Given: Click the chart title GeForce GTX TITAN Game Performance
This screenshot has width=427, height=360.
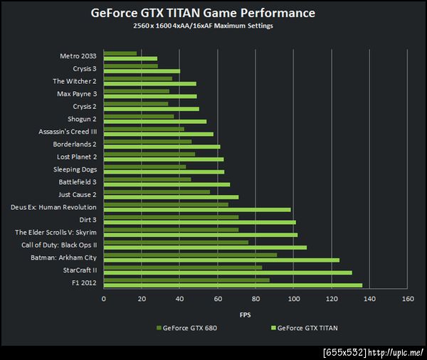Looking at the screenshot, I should (203, 13).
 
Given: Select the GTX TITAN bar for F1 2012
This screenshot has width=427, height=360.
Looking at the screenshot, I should (233, 285).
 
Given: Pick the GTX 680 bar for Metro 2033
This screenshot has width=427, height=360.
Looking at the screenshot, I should (120, 53).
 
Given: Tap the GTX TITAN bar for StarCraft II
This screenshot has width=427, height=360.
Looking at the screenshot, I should (228, 272).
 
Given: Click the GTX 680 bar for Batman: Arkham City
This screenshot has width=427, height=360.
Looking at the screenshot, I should (191, 254).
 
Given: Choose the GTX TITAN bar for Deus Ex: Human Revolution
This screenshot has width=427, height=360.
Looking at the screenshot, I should (197, 210).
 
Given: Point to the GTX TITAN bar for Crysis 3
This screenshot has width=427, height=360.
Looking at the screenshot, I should (142, 71).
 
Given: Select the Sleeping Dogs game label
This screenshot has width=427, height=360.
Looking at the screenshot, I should (75, 169).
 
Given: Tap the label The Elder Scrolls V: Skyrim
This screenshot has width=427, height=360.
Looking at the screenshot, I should (56, 232).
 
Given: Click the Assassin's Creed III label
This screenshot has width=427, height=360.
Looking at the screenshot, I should (68, 132).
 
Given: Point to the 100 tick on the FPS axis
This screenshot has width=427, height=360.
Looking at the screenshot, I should (293, 299).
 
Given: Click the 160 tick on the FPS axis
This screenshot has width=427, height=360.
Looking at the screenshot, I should (407, 299).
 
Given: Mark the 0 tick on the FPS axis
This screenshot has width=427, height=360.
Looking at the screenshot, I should (104, 299).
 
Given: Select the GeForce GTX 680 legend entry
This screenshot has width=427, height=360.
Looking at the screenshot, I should (186, 329).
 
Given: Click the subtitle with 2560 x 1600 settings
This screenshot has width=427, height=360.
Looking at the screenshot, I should (203, 26).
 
